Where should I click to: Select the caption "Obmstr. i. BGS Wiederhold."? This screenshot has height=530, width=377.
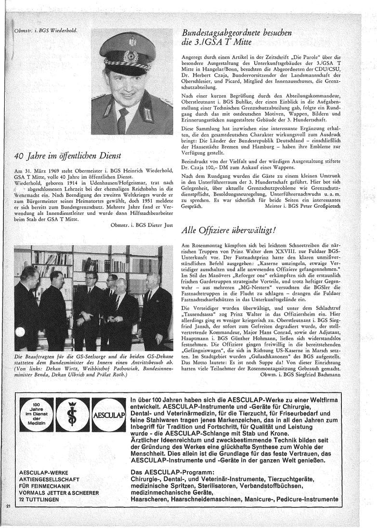pyautogui.click(x=46, y=32)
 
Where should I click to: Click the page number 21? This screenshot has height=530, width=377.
pyautogui.click(x=8, y=506)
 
